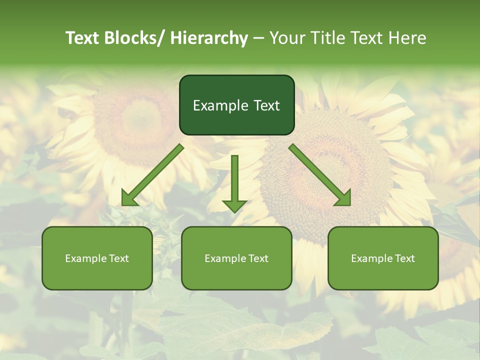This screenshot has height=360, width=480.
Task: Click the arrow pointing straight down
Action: pyautogui.click(x=234, y=182)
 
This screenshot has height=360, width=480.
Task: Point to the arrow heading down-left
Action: pyautogui.click(x=152, y=175)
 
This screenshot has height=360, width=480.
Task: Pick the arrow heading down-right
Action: pyautogui.click(x=320, y=175)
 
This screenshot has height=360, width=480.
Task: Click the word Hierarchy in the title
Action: pyautogui.click(x=209, y=38)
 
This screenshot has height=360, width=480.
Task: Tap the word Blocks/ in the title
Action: pyautogui.click(x=135, y=38)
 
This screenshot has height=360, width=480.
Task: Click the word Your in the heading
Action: pyautogui.click(x=288, y=38)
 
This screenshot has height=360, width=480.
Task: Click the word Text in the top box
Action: pyautogui.click(x=266, y=105)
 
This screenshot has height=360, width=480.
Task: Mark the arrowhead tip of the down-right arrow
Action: pyautogui.click(x=349, y=204)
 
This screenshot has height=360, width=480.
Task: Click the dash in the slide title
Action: pyautogui.click(x=258, y=38)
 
